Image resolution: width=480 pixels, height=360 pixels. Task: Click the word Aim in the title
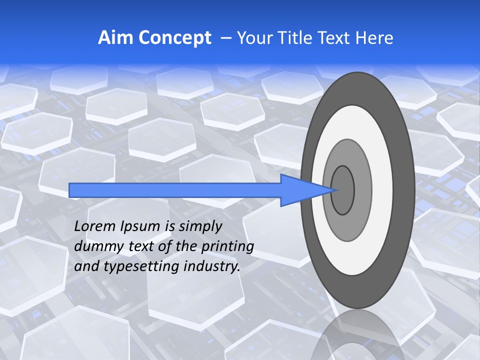pyautogui.click(x=114, y=38)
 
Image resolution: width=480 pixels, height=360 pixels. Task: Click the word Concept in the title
pyautogui.click(x=173, y=38)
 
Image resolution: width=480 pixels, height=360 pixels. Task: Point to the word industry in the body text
pyautogui.click(x=212, y=266)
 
